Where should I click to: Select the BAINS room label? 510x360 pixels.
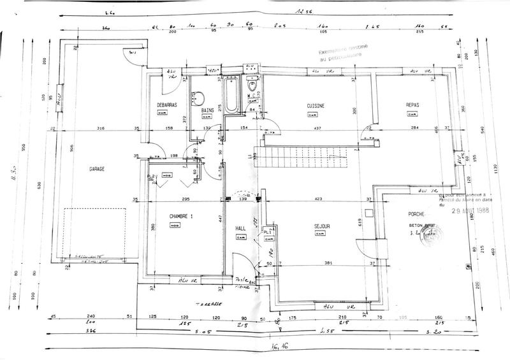click(208, 110)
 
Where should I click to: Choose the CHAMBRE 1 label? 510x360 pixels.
click(181, 217)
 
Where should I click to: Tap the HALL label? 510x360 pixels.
click(240, 227)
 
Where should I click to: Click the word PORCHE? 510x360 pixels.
click(409, 214)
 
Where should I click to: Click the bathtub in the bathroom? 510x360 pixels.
click(230, 96)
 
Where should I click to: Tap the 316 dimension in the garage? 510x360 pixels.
click(99, 129)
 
